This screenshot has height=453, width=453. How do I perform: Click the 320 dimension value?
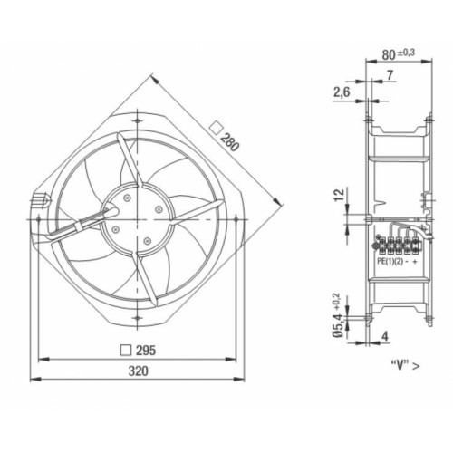coord(139,371)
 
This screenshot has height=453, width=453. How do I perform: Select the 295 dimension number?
coord(146,351)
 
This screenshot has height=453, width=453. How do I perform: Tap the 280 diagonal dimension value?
coord(230,141)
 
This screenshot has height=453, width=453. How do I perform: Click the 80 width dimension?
coord(389,54)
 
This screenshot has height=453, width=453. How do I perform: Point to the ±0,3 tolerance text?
coord(406,53)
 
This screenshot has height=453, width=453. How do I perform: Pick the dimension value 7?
coord(390,75)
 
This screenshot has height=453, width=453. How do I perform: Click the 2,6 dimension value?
coord(342,92)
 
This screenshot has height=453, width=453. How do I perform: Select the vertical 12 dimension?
coord(339,195)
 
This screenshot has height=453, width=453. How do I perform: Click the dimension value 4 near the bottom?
coord(385,336)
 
